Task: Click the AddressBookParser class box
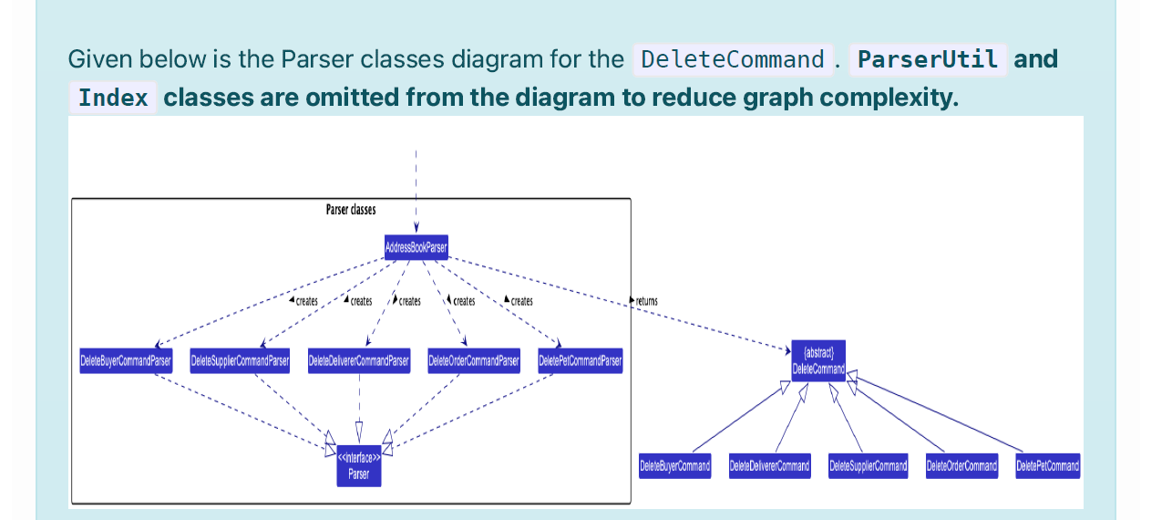[x=416, y=247]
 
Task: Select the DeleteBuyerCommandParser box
[x=125, y=361]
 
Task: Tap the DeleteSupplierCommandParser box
[x=240, y=361]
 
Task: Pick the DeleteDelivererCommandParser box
[x=359, y=361]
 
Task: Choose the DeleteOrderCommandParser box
[x=474, y=361]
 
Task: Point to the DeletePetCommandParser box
[x=581, y=361]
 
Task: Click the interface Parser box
[x=359, y=465]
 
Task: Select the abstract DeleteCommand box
[x=818, y=361]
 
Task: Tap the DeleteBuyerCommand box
[x=674, y=466]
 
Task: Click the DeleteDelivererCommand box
[x=769, y=466]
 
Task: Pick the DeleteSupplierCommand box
[x=868, y=466]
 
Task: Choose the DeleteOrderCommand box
[x=961, y=466]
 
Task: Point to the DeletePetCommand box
[x=1047, y=466]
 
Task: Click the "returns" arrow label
[x=645, y=301]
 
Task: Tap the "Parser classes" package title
[x=351, y=210]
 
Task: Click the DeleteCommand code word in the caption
[x=732, y=60]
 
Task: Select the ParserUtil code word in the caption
[x=928, y=60]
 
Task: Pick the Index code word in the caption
[x=113, y=98]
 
